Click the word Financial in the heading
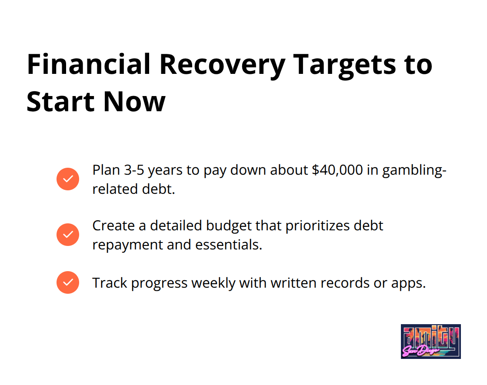pos(89,64)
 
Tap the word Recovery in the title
pos(222,66)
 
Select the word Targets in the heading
pos(344,66)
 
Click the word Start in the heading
pos(60,102)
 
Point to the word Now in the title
pos(134,102)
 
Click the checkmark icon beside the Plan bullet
pos(68,179)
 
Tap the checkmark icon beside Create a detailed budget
pos(68,234)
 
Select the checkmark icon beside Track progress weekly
pos(68,282)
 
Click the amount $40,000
pos(337,170)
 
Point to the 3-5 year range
pos(134,170)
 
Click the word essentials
pos(229,245)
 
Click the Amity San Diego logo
pos(431,342)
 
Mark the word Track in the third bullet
pos(110,283)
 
